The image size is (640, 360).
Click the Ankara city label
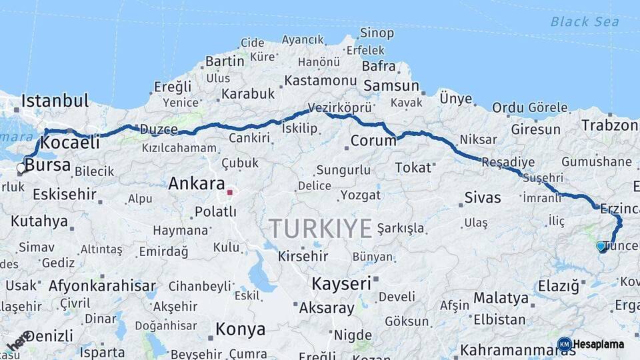tap(196, 183)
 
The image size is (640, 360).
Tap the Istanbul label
tap(55, 101)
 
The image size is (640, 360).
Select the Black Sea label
tap(584, 22)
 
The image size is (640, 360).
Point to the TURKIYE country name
tap(321, 229)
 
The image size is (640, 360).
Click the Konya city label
tap(240, 329)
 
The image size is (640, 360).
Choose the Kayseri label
tap(341, 283)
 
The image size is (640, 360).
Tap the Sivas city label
tap(482, 197)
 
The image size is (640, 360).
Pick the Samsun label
tap(391, 86)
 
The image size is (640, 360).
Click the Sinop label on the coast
tap(377, 33)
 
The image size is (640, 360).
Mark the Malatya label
tap(501, 297)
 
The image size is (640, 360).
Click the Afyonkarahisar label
tap(102, 286)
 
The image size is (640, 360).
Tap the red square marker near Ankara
tap(229, 193)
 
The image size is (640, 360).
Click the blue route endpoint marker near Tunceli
tap(601, 246)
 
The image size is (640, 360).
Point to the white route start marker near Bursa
tap(21, 169)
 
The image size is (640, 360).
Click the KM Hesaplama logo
tap(591, 344)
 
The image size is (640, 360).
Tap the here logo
tap(19, 341)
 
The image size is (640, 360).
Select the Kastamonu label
tap(320, 81)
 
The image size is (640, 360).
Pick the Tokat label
tap(413, 167)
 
